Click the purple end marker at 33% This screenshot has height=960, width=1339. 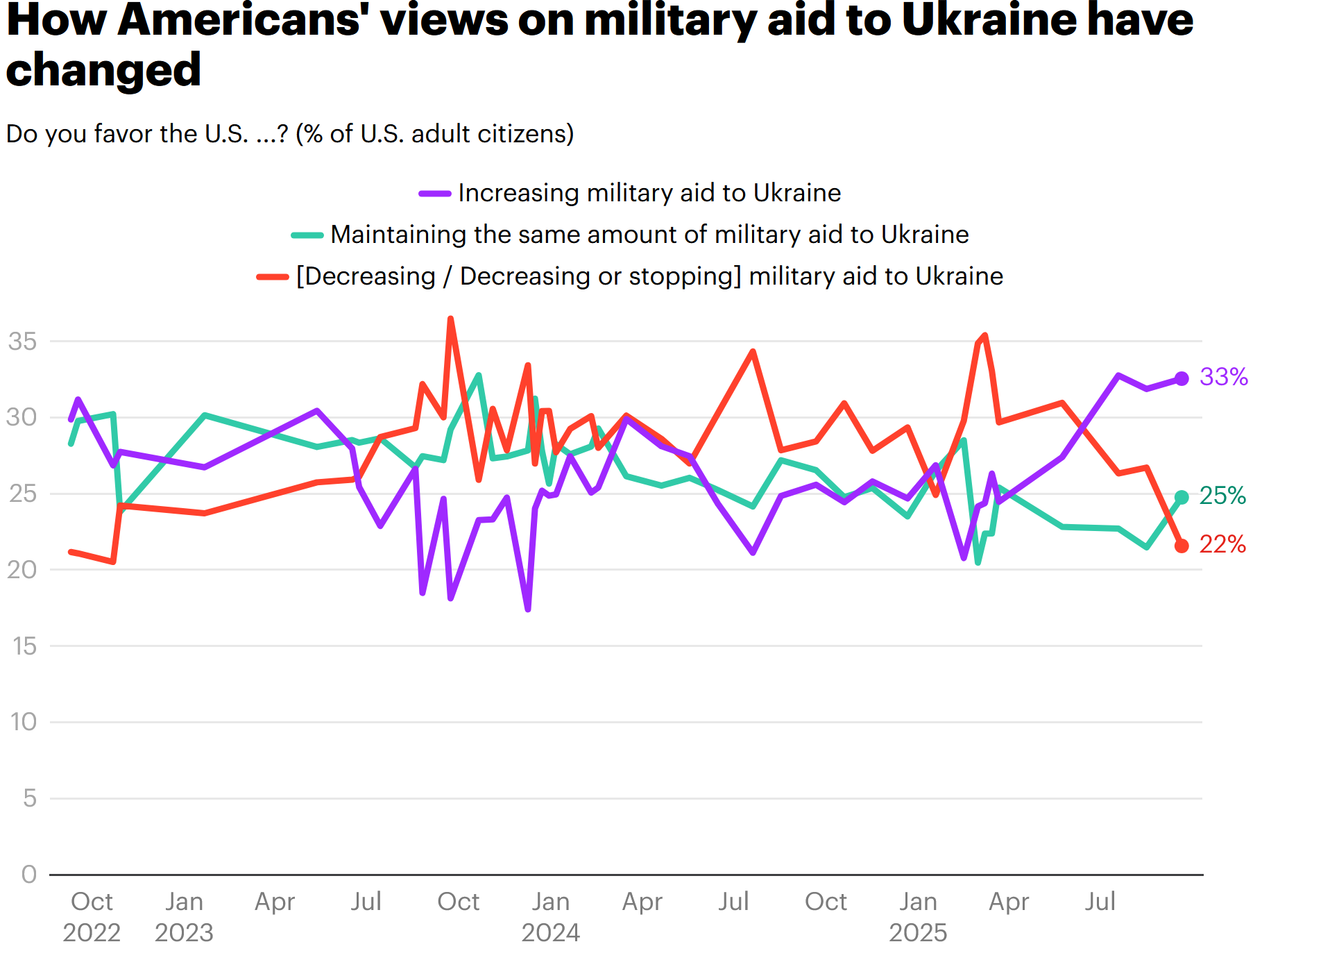1182,378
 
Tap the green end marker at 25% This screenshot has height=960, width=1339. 1182,497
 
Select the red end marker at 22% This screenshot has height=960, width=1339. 1182,546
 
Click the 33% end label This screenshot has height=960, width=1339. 1223,377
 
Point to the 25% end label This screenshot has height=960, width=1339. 1222,496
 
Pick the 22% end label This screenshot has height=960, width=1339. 1222,544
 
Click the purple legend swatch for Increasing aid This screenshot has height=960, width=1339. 435,194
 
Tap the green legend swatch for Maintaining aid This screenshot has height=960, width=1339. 307,235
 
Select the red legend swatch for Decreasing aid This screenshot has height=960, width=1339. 273,277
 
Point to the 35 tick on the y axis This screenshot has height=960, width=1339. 22,342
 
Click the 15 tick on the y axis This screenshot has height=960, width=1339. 24,646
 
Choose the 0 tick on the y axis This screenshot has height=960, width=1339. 29,874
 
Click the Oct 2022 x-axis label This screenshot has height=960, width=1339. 92,916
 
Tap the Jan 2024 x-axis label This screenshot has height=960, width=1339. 551,916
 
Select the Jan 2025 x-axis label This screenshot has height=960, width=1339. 918,916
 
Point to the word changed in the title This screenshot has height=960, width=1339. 103,70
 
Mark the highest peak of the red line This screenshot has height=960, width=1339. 451,319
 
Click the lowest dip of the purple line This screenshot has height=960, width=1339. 528,609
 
